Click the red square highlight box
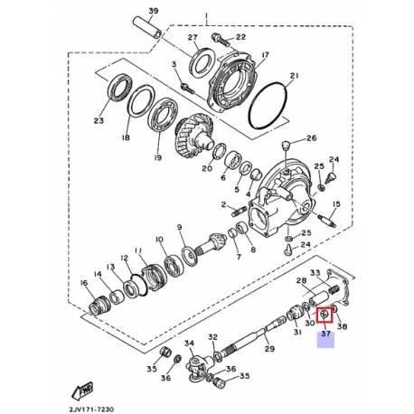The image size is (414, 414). (x=325, y=315)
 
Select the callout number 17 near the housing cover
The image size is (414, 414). (x=265, y=56)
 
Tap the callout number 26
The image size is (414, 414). (x=313, y=138)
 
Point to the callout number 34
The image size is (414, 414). (x=190, y=343)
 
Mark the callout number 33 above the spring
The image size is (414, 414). (x=315, y=273)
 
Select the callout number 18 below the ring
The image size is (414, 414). (x=126, y=138)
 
